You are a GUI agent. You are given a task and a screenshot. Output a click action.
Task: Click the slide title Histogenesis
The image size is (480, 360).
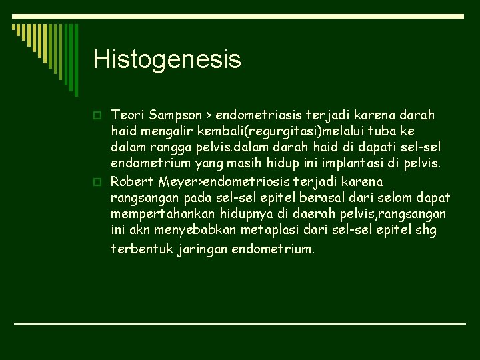[x=167, y=59]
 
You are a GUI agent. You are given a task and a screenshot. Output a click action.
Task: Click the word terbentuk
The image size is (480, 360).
[x=136, y=249]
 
